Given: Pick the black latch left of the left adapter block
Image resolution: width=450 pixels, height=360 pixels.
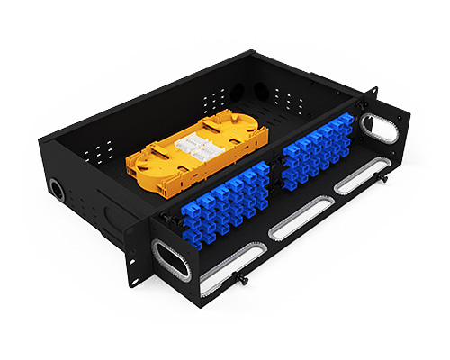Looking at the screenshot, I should click(164, 217).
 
